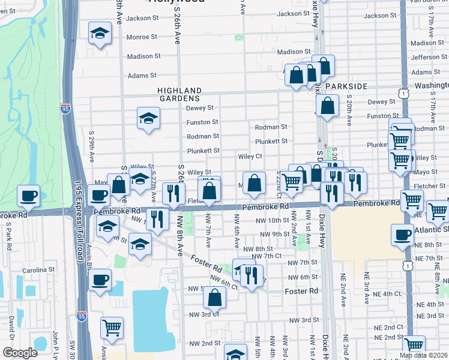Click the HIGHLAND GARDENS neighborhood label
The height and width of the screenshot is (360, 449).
(x=178, y=94)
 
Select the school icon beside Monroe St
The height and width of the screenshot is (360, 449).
(x=100, y=34)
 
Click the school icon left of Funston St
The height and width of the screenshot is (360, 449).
(x=148, y=118)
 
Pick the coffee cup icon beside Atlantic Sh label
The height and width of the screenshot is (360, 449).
(x=402, y=235)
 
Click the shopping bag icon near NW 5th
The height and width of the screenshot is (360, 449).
(x=215, y=296)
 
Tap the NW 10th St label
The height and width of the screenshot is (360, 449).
(x=273, y=221)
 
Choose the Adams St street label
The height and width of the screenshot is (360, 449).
(x=142, y=76)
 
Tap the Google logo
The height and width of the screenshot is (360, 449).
(x=20, y=352)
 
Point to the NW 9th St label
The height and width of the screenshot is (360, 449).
(x=273, y=234)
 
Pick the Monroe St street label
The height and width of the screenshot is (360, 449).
(x=142, y=37)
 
